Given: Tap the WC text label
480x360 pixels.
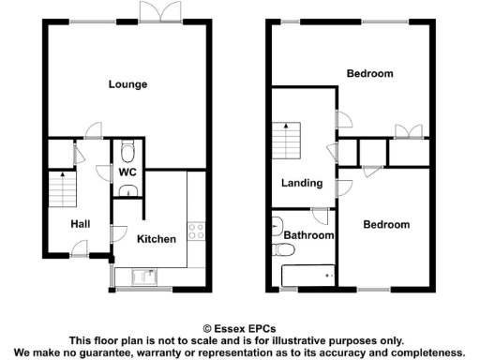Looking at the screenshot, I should coord(127,172).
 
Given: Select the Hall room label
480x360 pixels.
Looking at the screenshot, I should coord(79,223).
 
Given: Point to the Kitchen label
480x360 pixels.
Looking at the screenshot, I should coord(156,238).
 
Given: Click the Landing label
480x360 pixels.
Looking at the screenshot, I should coord(302,183).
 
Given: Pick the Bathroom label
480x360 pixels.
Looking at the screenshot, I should coord(309,235).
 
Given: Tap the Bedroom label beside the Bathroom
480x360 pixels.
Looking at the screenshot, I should coord(386,225).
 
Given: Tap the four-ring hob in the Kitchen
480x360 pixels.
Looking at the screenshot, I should coord(197,230).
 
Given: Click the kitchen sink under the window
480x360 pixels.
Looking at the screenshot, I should coord(145,276).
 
